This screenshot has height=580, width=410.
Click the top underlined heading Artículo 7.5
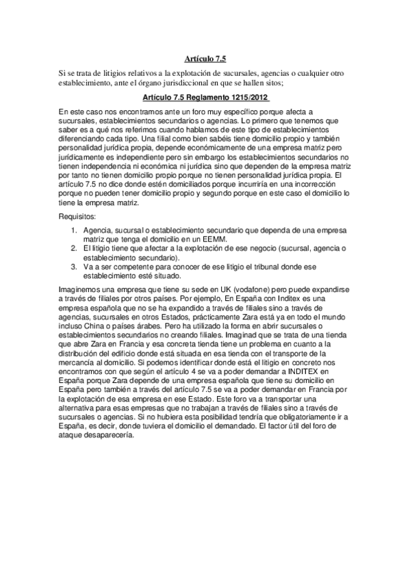(x=205, y=60)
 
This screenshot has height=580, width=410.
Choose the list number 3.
(x=74, y=267)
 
